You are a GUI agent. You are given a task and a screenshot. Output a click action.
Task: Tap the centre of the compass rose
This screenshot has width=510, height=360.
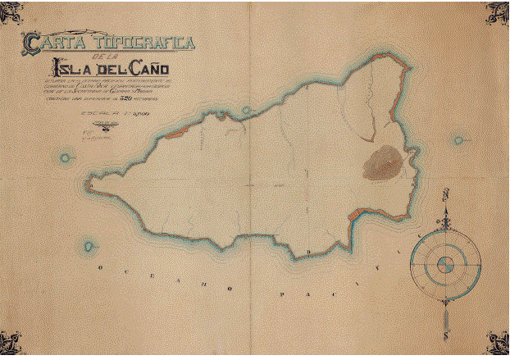[x=445, y=264]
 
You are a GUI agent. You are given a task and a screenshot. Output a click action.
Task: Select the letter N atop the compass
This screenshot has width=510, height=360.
[x=445, y=195]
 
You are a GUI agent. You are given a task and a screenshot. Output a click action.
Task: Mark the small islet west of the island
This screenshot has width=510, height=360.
[x=64, y=157]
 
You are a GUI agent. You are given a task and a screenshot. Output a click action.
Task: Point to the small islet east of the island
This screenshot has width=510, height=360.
[x=458, y=140]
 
